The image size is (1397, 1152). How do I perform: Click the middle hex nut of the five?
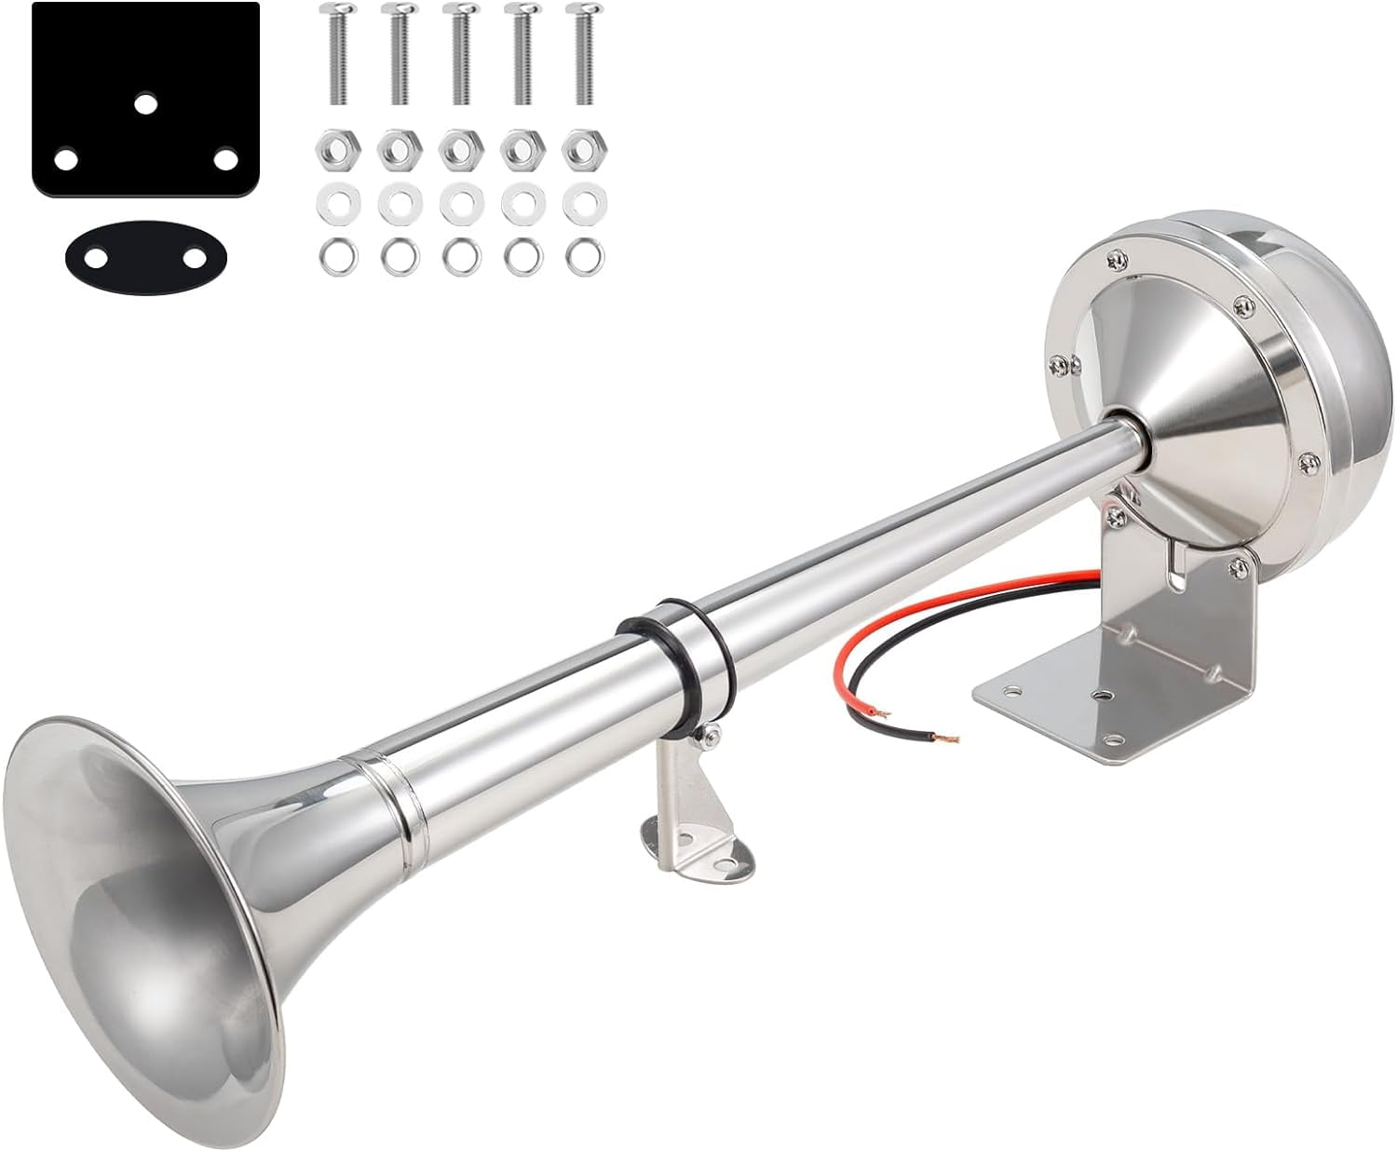(457, 148)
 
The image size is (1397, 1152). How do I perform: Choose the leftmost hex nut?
(333, 148)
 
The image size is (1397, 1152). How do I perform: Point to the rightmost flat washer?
(583, 202)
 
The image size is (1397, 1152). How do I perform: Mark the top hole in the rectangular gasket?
(144, 103)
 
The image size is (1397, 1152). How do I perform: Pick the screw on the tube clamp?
(712, 739)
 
